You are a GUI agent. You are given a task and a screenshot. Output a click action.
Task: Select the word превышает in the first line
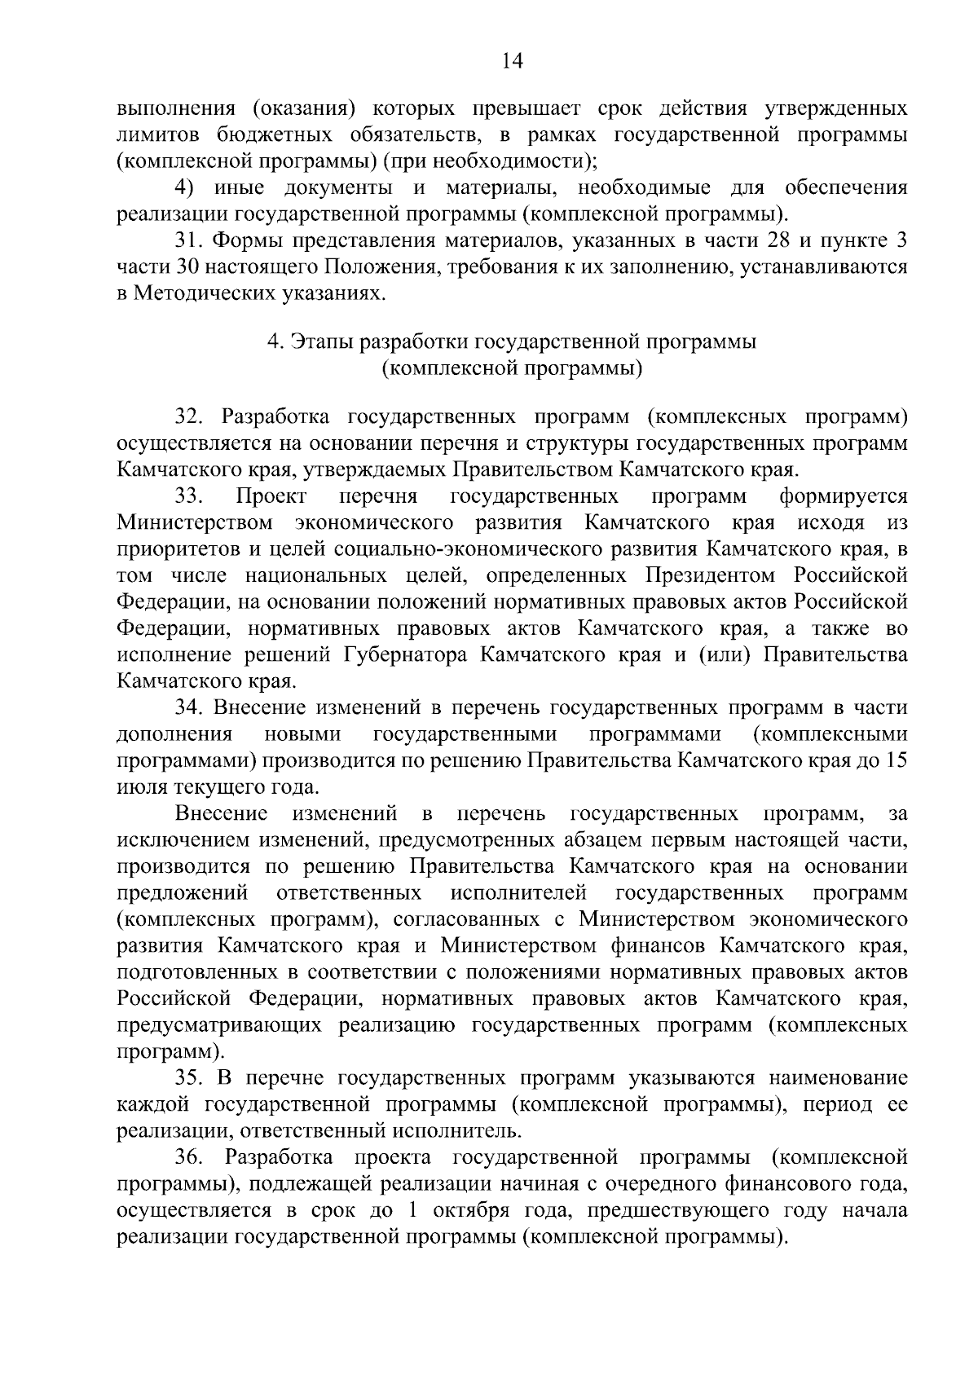point(518,108)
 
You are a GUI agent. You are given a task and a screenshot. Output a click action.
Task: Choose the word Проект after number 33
point(271,496)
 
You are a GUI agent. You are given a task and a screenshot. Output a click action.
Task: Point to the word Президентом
point(711,575)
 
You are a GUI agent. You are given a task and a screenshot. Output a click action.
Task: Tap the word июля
point(141,787)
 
